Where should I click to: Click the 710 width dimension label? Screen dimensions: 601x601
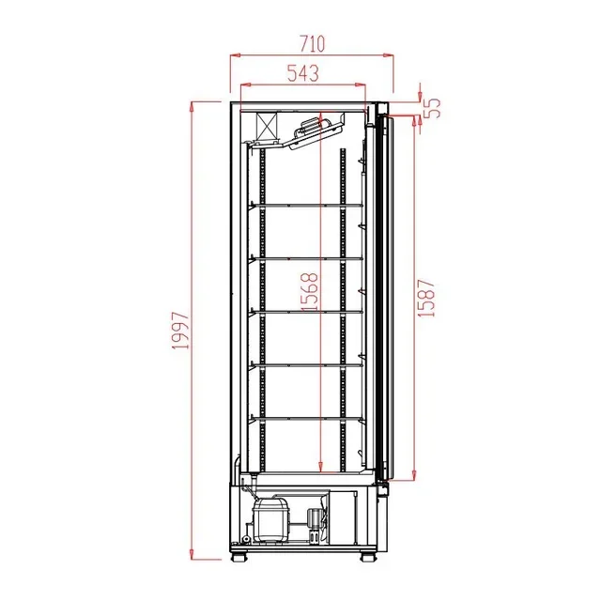312,43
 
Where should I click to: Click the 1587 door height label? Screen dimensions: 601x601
427,294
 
